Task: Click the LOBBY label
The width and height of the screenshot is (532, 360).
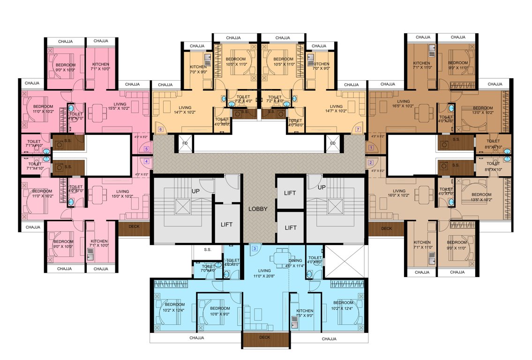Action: [258, 209]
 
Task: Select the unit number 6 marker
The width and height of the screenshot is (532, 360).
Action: [161, 129]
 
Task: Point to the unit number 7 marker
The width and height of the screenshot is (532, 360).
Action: [358, 129]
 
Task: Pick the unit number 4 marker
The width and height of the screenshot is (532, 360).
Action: [147, 161]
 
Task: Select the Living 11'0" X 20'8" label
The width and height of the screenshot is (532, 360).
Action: [265, 273]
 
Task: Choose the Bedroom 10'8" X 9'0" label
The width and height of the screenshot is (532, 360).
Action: [219, 311]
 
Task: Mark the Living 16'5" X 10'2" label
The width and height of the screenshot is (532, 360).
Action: [403, 104]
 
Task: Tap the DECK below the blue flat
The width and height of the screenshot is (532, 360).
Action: [265, 337]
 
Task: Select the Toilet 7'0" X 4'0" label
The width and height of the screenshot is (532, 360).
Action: [209, 268]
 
